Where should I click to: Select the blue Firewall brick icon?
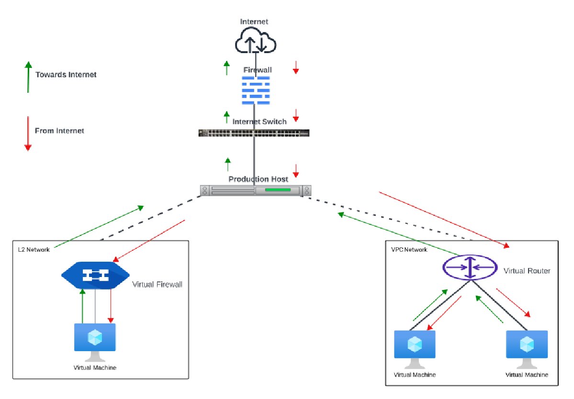tap(255, 90)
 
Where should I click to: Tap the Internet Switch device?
tap(254, 133)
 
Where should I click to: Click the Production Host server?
tap(256, 190)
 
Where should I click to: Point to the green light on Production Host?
tap(278, 190)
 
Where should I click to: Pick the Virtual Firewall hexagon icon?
tap(95, 275)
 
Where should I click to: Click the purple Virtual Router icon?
tap(470, 267)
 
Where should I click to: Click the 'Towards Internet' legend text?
tap(66, 75)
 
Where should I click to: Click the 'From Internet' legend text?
tap(59, 131)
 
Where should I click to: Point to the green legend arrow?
tap(28, 77)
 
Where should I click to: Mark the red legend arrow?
tap(28, 133)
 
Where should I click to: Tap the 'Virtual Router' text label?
tap(527, 271)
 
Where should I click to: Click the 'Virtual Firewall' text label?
tap(157, 284)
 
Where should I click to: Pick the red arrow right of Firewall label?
tap(296, 67)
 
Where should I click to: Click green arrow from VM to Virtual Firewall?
tap(82, 306)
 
